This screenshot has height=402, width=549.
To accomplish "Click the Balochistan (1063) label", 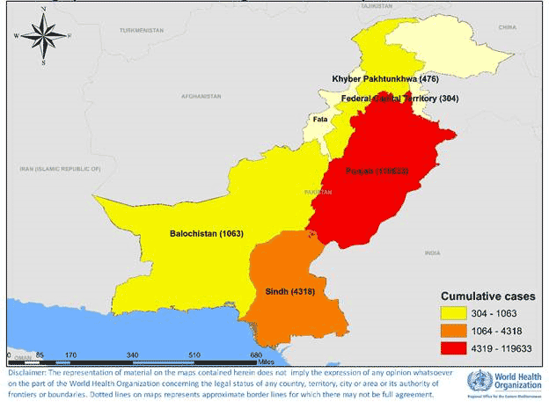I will click(206, 234).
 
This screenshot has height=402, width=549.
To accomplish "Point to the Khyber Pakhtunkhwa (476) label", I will click(384, 79).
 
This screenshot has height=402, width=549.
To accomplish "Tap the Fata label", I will click(318, 118).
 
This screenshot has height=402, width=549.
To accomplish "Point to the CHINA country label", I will click(509, 27).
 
